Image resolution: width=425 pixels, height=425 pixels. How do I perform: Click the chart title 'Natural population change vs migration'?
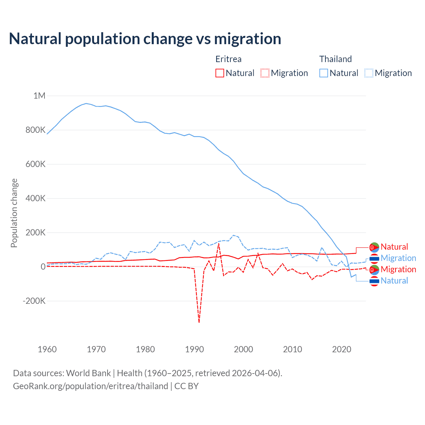(x=145, y=39)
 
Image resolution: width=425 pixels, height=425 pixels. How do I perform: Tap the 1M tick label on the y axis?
(x=39, y=96)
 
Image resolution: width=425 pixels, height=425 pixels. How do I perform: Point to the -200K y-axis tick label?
(x=34, y=301)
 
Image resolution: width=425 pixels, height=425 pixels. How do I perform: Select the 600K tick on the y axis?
(x=36, y=164)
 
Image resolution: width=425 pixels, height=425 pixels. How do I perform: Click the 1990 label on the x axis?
(x=195, y=349)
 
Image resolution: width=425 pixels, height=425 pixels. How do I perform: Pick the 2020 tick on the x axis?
(x=342, y=349)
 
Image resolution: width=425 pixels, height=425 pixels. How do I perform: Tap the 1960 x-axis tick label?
(x=47, y=349)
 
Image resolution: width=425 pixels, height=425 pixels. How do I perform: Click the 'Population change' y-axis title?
(x=14, y=213)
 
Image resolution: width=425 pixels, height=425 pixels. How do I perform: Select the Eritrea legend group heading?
(x=228, y=59)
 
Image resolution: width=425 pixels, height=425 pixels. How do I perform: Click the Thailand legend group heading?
(x=335, y=59)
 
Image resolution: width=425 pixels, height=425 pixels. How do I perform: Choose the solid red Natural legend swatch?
(x=220, y=73)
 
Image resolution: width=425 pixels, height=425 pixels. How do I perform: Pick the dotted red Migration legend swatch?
(x=265, y=73)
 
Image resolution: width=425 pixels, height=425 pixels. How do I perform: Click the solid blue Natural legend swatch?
(x=324, y=73)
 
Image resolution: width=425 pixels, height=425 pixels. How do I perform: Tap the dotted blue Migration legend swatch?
(x=369, y=73)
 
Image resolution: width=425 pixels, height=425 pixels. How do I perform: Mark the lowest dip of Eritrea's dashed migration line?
(x=199, y=322)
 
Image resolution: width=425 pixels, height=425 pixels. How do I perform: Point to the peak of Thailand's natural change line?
(x=86, y=103)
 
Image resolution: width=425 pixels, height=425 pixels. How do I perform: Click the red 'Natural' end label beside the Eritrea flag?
(x=394, y=247)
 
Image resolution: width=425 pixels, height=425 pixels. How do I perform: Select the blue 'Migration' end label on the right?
(x=398, y=258)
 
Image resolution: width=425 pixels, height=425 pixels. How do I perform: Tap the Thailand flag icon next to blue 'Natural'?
(x=374, y=281)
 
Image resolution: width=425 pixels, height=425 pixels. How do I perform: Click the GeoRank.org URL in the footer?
(x=91, y=386)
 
